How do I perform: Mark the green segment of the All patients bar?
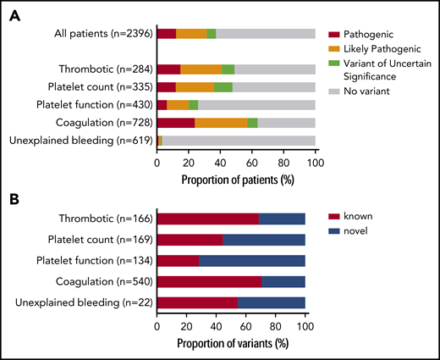click(x=211, y=33)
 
